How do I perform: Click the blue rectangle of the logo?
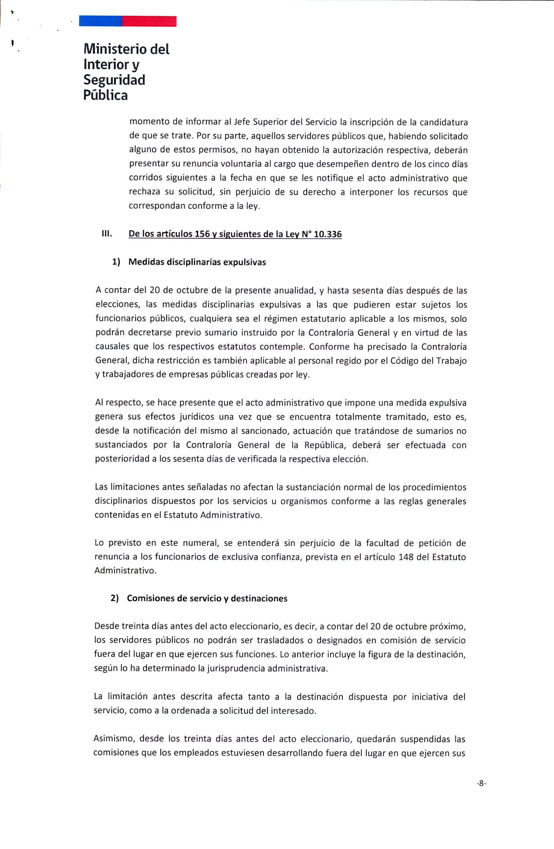coord(101,21)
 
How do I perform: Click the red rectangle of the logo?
coord(149,21)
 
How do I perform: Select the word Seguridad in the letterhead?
coord(114,80)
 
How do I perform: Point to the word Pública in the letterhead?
coord(105,95)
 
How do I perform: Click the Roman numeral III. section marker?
coord(107,234)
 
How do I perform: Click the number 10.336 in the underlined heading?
coord(327,234)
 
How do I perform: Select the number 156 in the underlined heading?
coord(202,234)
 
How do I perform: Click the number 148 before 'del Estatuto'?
coord(406,557)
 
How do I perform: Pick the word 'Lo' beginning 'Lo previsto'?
coord(99,543)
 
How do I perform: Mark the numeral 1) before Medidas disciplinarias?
coord(116,262)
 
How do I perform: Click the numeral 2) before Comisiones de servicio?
coord(115,598)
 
